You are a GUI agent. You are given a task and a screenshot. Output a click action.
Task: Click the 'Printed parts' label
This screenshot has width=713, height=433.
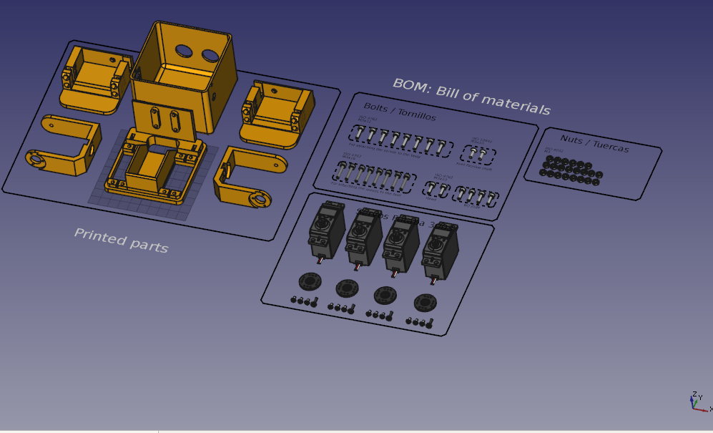point(121,240)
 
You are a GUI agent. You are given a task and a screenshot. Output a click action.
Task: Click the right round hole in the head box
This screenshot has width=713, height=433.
point(210,55)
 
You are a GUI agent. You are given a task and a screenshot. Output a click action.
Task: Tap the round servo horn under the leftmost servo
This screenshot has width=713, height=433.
point(310,281)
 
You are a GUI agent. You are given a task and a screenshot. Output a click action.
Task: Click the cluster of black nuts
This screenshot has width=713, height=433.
point(571,170)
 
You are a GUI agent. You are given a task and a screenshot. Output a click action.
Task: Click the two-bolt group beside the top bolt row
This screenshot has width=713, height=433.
point(478,153)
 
